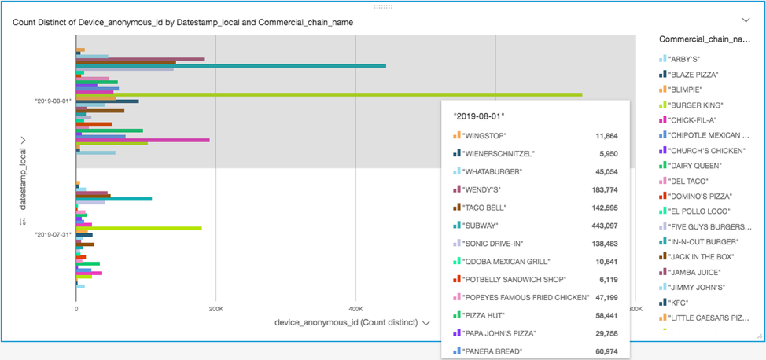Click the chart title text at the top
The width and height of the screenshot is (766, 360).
(182, 22)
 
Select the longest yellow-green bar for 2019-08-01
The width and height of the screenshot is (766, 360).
(330, 94)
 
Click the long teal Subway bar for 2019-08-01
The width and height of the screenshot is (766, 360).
(236, 66)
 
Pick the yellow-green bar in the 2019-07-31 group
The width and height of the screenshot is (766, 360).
(142, 228)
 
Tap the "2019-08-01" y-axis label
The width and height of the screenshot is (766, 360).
(53, 101)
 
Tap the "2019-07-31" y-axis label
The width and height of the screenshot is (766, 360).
(53, 234)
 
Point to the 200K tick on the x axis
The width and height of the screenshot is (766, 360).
(215, 309)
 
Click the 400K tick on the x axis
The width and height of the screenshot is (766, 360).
(355, 309)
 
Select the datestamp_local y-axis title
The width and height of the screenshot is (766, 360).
(23, 173)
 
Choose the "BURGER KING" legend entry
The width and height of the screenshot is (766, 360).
(695, 105)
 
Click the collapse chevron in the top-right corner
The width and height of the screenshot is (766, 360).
(746, 20)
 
